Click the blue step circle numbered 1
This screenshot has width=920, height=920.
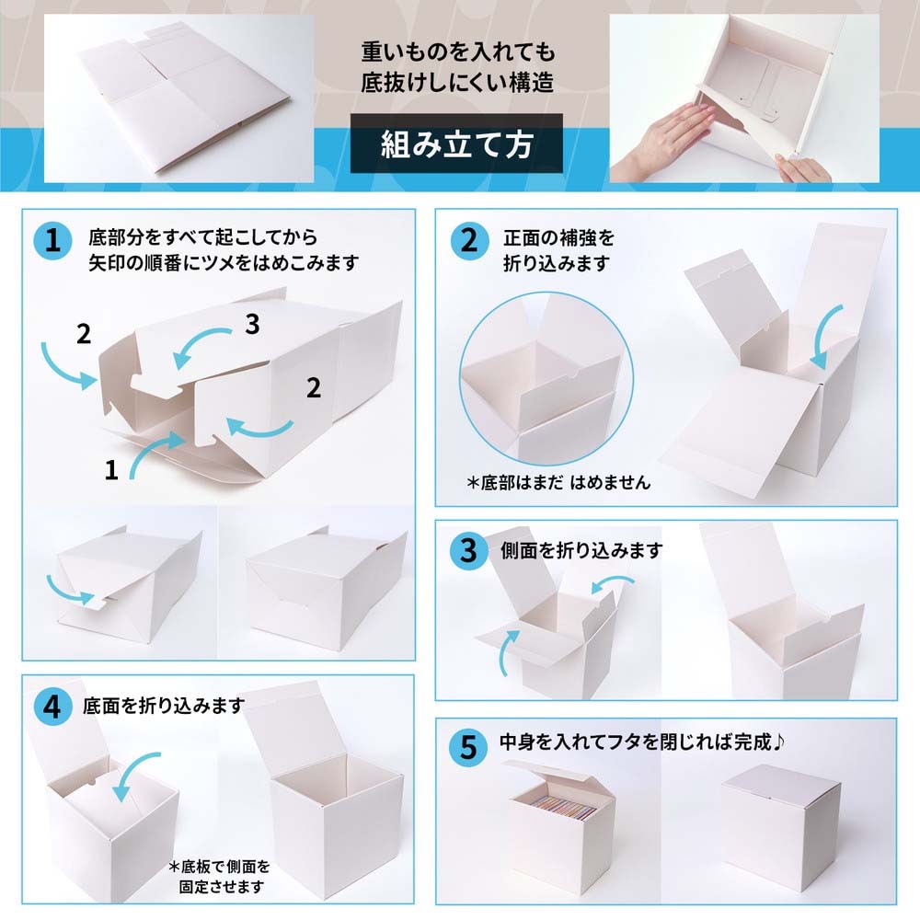pos(52,242)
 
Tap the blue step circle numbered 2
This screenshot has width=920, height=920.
pos(468,242)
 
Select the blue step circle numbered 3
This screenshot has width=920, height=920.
pos(468,551)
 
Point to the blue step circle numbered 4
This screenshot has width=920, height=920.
pos(52,706)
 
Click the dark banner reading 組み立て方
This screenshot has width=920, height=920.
pos(457,144)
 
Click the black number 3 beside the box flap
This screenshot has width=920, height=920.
pos(254,324)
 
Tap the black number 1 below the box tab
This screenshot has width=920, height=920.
pos(111,471)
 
